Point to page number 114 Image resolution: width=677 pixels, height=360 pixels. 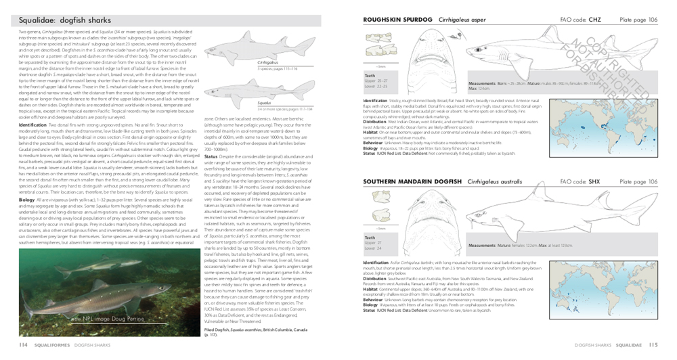coord(23,345)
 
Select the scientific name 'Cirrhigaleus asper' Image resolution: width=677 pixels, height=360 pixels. coord(464,20)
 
